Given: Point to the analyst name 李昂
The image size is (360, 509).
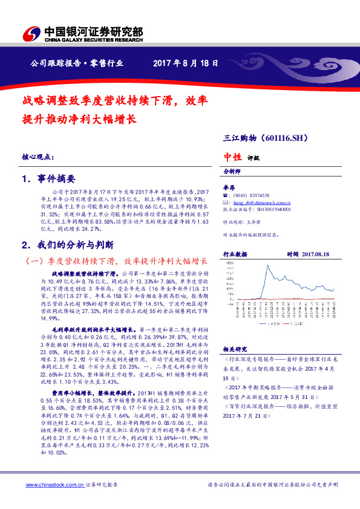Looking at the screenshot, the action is (229, 188).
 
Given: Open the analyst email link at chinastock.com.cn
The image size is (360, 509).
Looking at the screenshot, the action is (260, 203).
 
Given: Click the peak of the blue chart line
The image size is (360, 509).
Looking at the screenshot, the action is (267, 266).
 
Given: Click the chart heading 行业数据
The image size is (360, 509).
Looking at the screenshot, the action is (235, 254).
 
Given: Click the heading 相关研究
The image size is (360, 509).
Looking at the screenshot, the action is (234, 349).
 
